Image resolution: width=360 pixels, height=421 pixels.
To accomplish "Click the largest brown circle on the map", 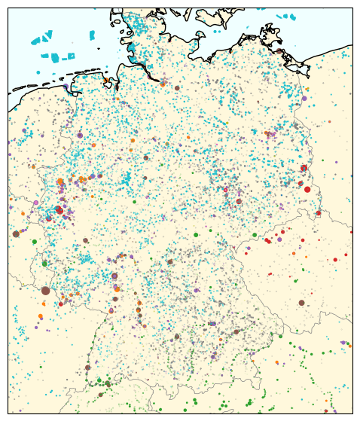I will (45, 290).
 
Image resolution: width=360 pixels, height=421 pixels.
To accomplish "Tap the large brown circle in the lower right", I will (301, 302).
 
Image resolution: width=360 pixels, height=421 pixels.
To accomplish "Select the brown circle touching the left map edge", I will (16, 233).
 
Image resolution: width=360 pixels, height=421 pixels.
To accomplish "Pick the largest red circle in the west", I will (59, 210).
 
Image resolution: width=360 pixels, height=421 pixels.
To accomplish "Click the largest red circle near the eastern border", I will (307, 189).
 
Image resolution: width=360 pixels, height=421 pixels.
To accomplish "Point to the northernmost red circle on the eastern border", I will (304, 168).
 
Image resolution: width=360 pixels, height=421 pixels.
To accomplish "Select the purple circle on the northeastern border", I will (304, 98).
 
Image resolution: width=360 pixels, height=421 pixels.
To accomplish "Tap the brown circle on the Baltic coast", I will (279, 51).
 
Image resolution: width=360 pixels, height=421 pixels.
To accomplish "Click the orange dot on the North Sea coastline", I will (107, 81).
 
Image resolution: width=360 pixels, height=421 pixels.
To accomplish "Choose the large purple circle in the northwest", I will (80, 136).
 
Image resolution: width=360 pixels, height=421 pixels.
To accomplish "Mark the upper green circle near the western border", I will (34, 241).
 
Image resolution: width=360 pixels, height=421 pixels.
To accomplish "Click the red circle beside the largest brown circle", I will (61, 304).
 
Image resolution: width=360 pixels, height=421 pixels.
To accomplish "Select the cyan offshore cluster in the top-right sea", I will (286, 17).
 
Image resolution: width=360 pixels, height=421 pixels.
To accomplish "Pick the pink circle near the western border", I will (35, 203).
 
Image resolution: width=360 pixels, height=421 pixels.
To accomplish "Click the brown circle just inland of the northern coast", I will (177, 87).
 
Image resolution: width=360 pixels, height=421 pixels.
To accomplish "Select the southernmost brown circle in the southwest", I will (100, 394).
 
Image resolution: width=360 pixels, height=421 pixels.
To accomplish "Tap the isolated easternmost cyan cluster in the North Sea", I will (93, 35).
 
